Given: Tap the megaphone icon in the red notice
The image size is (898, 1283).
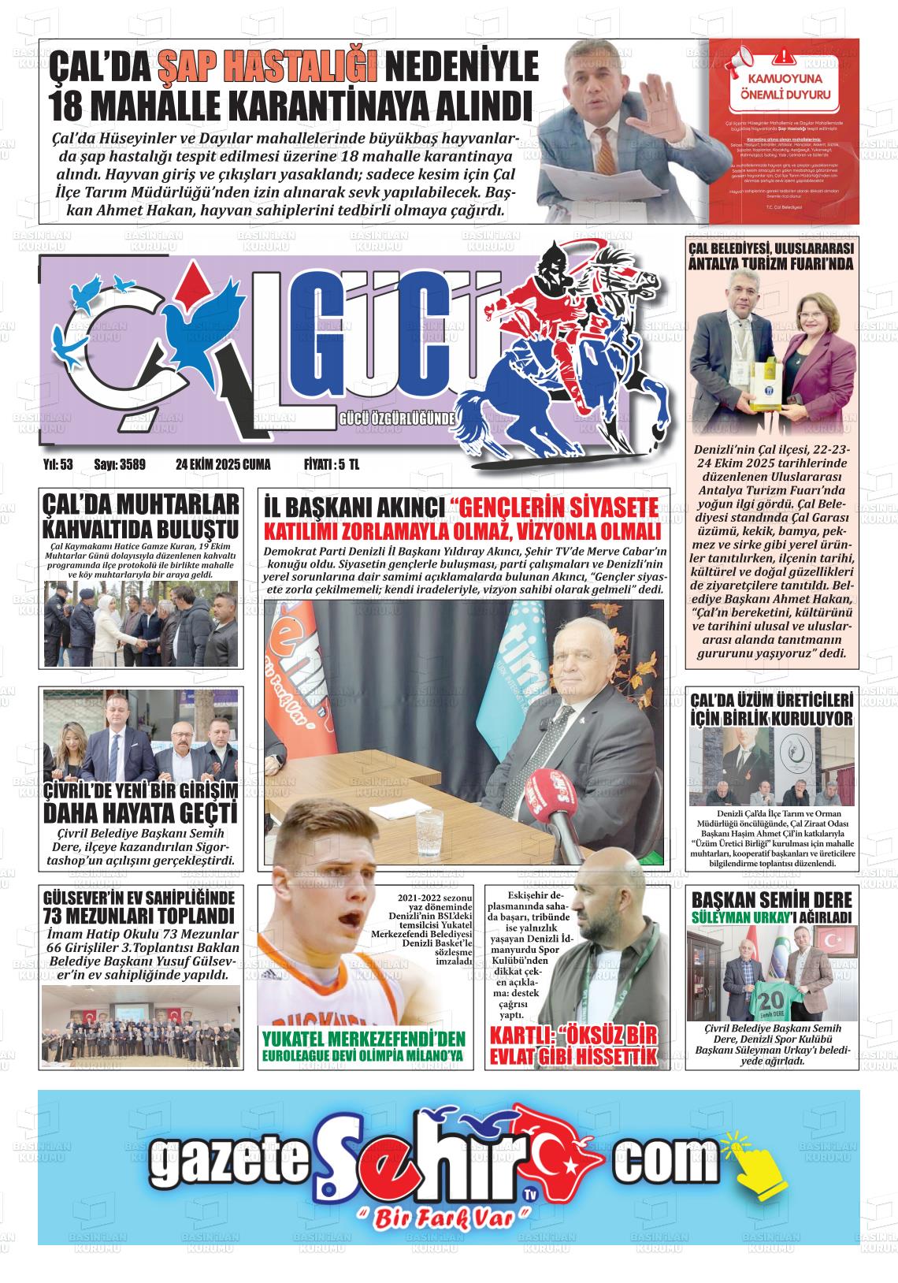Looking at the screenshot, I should tap(746, 60).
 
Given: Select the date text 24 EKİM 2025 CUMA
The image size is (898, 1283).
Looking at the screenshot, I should tap(223, 465).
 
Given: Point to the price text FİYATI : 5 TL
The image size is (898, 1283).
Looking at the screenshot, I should tap(332, 465).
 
